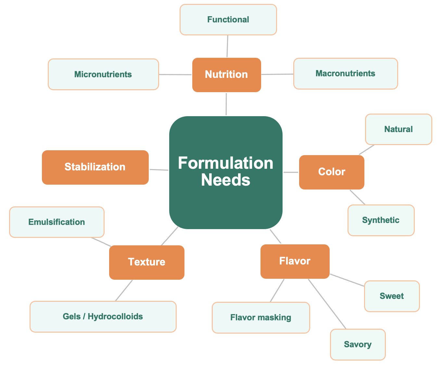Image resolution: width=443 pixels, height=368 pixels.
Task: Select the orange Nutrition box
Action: [x=226, y=75]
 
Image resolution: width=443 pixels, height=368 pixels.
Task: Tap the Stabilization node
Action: [x=95, y=167]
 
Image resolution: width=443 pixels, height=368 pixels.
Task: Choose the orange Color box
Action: [x=331, y=172]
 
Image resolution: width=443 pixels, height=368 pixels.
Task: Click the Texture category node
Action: [x=146, y=262]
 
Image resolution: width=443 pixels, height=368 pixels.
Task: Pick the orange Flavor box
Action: [x=295, y=261]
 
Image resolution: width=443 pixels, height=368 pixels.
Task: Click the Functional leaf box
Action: [x=228, y=20]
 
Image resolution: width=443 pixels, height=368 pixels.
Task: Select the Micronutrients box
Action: [x=103, y=74]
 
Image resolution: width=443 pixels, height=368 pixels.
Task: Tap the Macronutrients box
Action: [x=345, y=74]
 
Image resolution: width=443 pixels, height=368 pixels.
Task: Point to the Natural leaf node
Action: [x=398, y=129]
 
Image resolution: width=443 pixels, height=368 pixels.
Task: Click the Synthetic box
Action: [x=381, y=220]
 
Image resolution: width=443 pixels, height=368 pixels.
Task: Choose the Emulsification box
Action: [x=57, y=222]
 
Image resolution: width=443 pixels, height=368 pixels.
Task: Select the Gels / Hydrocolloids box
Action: [x=103, y=316]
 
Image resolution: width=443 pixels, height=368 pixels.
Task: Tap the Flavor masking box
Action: [x=261, y=317]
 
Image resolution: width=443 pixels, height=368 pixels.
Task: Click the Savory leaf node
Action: [x=358, y=344]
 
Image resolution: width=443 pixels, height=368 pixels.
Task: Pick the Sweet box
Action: [x=392, y=296]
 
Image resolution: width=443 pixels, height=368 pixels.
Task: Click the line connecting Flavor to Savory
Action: [x=327, y=304]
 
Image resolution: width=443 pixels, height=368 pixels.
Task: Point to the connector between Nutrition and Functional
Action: [x=227, y=46]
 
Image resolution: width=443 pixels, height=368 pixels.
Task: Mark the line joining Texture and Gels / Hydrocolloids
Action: [x=124, y=290]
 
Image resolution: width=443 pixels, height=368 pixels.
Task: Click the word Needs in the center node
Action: [x=226, y=180]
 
